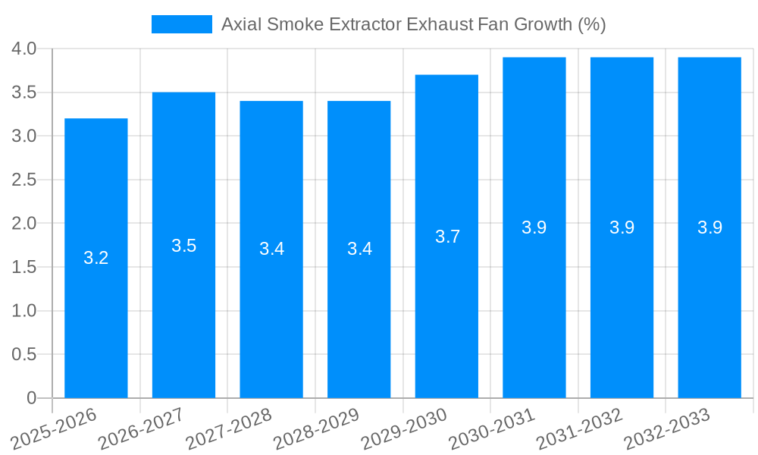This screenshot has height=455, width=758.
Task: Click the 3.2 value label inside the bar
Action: point(96,258)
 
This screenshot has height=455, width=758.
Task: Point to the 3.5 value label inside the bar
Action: point(183,246)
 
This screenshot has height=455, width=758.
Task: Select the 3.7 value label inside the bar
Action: point(447,237)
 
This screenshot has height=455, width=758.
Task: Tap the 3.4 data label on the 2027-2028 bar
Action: point(271,249)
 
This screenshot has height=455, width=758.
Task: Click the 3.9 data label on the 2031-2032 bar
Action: point(622,227)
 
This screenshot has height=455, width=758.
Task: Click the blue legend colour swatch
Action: point(182,24)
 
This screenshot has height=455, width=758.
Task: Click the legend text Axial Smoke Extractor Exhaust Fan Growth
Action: point(413,24)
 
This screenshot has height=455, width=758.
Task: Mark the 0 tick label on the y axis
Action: point(31,398)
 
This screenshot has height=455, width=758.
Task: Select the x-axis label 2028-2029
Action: point(317,428)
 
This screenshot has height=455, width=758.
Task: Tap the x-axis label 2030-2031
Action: point(492,428)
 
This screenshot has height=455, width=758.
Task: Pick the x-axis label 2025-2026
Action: point(54,428)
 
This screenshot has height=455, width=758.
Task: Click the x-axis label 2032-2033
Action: point(667,428)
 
